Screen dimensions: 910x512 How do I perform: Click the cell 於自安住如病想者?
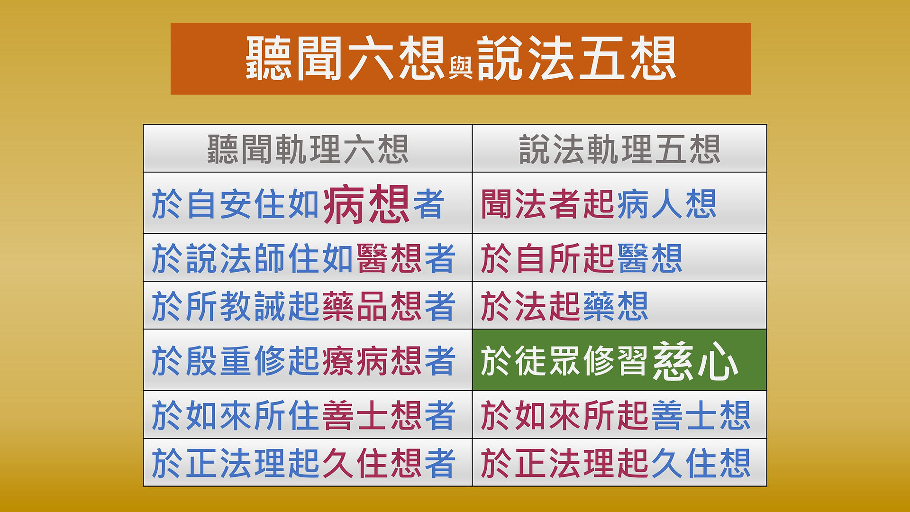pyautogui.click(x=308, y=203)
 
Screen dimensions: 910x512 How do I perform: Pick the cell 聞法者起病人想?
pyautogui.click(x=619, y=203)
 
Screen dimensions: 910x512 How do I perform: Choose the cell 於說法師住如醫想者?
pyautogui.click(x=308, y=258)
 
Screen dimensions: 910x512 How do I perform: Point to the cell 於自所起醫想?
pyautogui.click(x=619, y=258)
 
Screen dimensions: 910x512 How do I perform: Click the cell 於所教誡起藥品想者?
pyautogui.click(x=308, y=306)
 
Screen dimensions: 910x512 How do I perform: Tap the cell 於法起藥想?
pyautogui.click(x=619, y=306)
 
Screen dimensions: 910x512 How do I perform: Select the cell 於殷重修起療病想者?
pyautogui.click(x=308, y=360)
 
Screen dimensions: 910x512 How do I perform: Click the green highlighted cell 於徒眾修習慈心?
pyautogui.click(x=619, y=360)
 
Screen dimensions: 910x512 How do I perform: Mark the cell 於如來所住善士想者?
pyautogui.click(x=308, y=415)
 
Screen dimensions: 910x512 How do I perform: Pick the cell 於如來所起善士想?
pyautogui.click(x=619, y=415)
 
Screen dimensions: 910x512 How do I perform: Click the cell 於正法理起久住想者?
pyautogui.click(x=308, y=463)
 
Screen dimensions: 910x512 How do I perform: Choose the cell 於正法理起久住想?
pyautogui.click(x=619, y=463)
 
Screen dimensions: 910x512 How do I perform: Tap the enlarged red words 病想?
pyautogui.click(x=366, y=204)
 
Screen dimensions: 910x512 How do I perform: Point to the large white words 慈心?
pyautogui.click(x=695, y=361)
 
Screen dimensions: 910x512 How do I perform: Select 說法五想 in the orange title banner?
pyautogui.click(x=576, y=58)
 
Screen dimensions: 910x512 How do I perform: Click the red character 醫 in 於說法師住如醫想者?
pyautogui.click(x=372, y=258)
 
